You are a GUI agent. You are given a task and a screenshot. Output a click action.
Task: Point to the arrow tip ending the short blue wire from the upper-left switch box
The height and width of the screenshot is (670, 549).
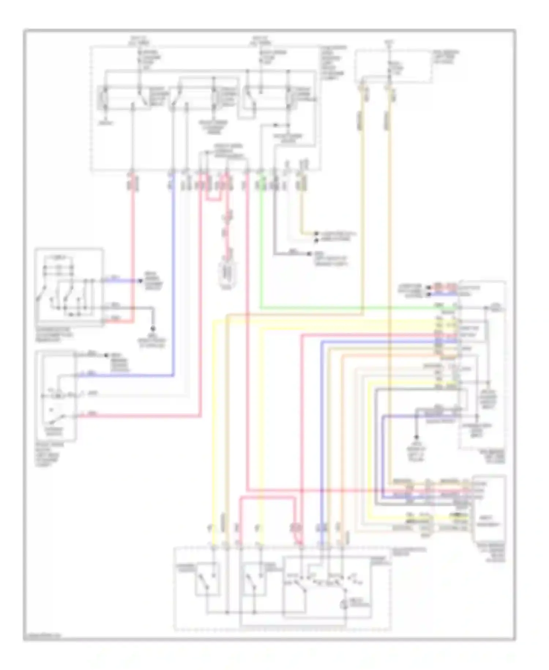pyautogui.click(x=140, y=281)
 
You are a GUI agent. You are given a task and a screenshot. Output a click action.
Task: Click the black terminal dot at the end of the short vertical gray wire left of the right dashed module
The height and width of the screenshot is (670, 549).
pyautogui.click(x=416, y=437)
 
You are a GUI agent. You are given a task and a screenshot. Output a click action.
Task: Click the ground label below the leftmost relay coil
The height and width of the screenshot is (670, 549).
pyautogui.click(x=105, y=123)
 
